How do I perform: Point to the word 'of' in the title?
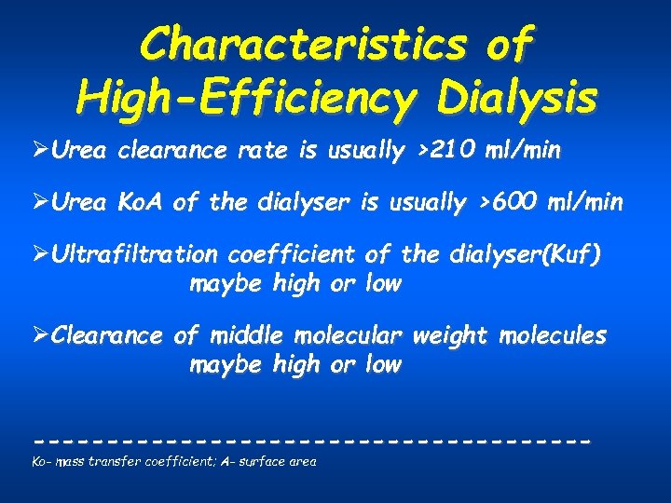coord(509,43)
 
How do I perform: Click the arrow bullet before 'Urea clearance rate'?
coord(39,151)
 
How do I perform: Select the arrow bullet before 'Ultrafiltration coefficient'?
coord(39,254)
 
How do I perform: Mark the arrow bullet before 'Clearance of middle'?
coord(39,335)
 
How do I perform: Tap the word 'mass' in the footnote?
coord(72,461)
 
